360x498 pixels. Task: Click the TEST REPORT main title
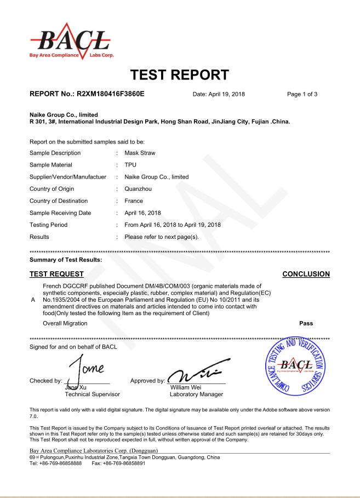point(179,75)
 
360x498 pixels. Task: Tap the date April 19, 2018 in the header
point(219,94)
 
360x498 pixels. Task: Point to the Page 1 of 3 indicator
point(302,94)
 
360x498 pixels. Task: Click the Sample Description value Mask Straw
point(140,153)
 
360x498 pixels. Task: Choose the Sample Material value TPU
point(130,165)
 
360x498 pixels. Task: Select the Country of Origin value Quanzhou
point(139,188)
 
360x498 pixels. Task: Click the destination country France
point(134,201)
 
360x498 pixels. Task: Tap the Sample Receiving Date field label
point(60,213)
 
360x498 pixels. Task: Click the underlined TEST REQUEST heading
point(56,274)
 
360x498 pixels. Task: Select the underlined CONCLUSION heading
point(306,274)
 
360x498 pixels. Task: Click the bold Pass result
point(306,323)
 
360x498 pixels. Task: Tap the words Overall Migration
point(65,323)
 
